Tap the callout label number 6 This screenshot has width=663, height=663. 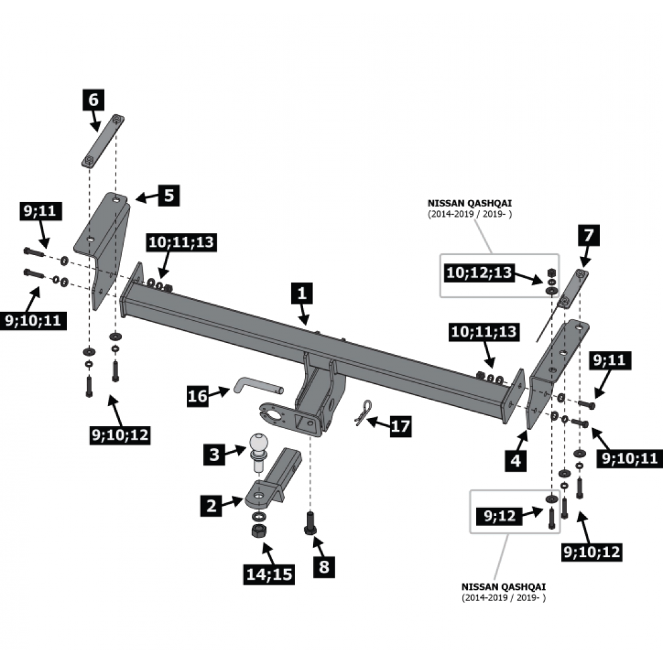pos(93,100)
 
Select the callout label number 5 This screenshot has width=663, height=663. pos(169,195)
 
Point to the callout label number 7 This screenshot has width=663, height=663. pos(588,235)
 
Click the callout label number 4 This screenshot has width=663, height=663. pos(515,460)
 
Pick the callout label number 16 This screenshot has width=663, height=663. pos(198,396)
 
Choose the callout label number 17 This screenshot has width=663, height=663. pos(400,426)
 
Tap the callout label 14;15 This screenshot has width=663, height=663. pos(269,574)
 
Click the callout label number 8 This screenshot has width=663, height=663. pos(325,567)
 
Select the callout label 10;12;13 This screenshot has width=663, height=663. pos(479,273)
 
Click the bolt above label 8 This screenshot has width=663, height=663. pos(311,523)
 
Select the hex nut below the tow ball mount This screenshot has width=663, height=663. pos(259,530)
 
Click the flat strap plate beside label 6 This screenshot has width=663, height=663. pos(103,141)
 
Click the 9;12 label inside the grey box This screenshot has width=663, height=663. pos(499,515)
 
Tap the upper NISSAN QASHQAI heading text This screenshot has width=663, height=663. pos(469,203)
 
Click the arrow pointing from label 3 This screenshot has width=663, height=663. pos(235,451)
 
